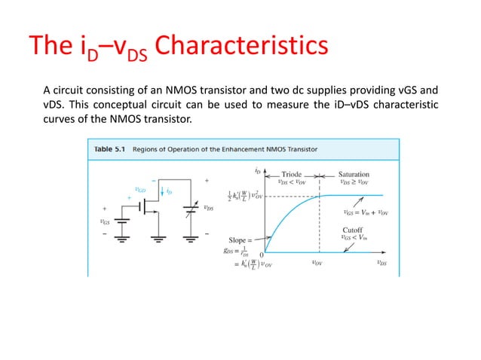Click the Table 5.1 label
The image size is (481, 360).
coord(110,149)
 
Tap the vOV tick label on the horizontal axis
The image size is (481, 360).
coord(319,263)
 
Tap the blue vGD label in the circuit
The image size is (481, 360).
coord(139,190)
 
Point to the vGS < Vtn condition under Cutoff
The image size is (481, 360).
coord(355,237)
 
